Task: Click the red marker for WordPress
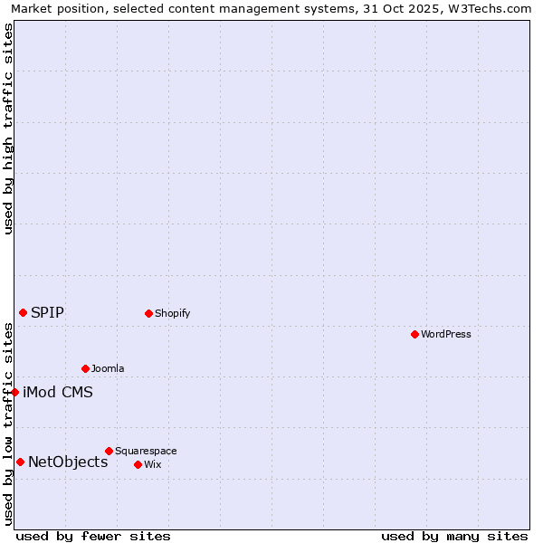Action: tap(414, 334)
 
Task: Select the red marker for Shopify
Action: tap(148, 313)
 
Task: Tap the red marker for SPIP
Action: tap(23, 312)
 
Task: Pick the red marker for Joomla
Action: tap(85, 368)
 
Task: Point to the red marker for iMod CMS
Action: tap(15, 392)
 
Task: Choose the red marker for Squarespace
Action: tap(109, 451)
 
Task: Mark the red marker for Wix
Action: tap(138, 464)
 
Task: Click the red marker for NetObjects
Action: tap(20, 462)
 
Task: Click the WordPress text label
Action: tap(446, 334)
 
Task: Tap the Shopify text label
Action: tap(172, 313)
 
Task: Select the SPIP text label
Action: tap(47, 313)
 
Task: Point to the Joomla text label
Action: tap(108, 368)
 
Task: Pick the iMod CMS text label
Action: tap(58, 393)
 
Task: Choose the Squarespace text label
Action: tap(146, 451)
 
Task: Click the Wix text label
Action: tap(152, 464)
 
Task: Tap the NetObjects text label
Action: tap(68, 462)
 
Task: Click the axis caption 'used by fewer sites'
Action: tap(93, 536)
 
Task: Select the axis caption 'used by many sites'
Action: tap(454, 536)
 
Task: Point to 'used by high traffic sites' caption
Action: tap(8, 129)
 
